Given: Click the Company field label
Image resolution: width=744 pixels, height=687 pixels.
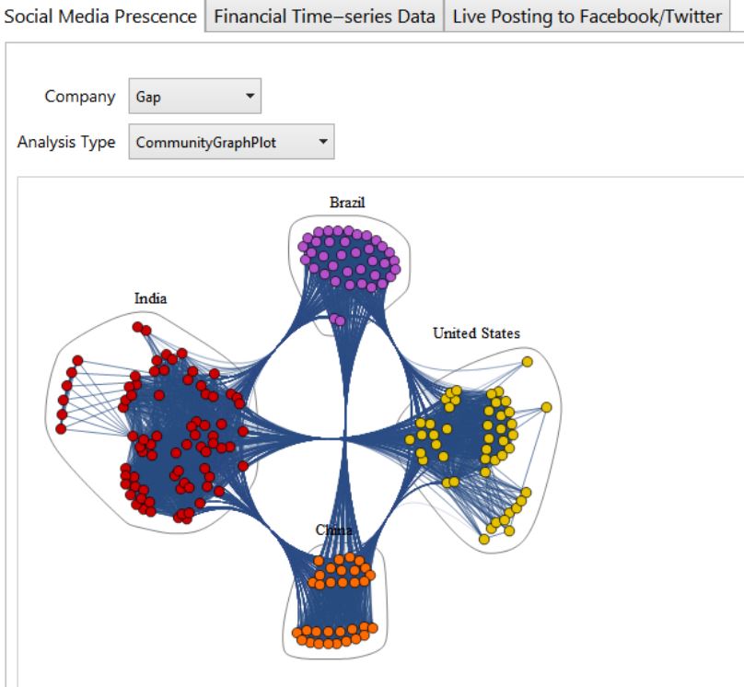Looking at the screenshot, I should pos(87,97).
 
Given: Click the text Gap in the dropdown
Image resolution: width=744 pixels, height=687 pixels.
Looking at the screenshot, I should pos(148,97).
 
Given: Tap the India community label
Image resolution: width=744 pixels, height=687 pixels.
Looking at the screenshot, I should pos(151,298).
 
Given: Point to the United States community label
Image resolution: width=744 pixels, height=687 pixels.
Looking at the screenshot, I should pos(476,333).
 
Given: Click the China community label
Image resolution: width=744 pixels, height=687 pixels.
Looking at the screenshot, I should pos(334,530).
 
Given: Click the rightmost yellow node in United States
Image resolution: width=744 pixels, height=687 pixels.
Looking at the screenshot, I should pos(546,407).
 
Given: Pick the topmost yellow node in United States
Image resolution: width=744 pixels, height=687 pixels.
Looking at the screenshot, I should pos(527,362).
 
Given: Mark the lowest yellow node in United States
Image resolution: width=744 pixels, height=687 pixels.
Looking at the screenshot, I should pos(483,538).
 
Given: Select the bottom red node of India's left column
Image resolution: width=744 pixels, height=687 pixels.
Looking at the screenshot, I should pos(61,428).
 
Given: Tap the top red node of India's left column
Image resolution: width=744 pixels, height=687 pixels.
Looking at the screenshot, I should pos(78,361).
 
